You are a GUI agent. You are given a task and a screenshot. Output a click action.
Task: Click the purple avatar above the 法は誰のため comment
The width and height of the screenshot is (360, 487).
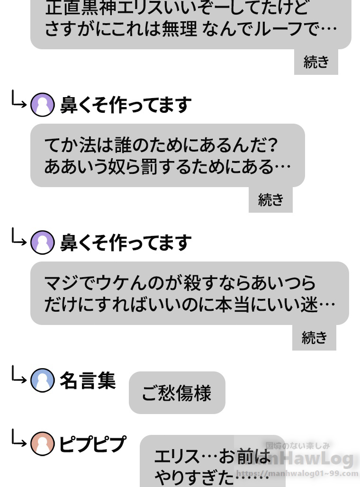click(x=42, y=105)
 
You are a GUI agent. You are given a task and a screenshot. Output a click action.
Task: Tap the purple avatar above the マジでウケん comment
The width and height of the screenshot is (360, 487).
click(x=42, y=243)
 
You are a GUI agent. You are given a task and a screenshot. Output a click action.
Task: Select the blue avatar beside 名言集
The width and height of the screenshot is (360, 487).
click(x=42, y=380)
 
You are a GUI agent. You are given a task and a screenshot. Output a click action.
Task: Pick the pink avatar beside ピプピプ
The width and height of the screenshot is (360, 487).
click(x=42, y=444)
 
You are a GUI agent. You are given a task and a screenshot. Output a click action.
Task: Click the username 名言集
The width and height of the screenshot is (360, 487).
click(x=88, y=380)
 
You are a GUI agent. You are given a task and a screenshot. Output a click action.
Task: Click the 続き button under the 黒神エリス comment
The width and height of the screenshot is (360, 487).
click(x=316, y=62)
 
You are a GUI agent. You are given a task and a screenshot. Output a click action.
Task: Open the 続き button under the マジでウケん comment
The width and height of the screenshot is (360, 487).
click(x=314, y=337)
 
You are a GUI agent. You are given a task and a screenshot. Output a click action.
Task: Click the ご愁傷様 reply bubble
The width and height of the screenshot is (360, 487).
click(x=177, y=393)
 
